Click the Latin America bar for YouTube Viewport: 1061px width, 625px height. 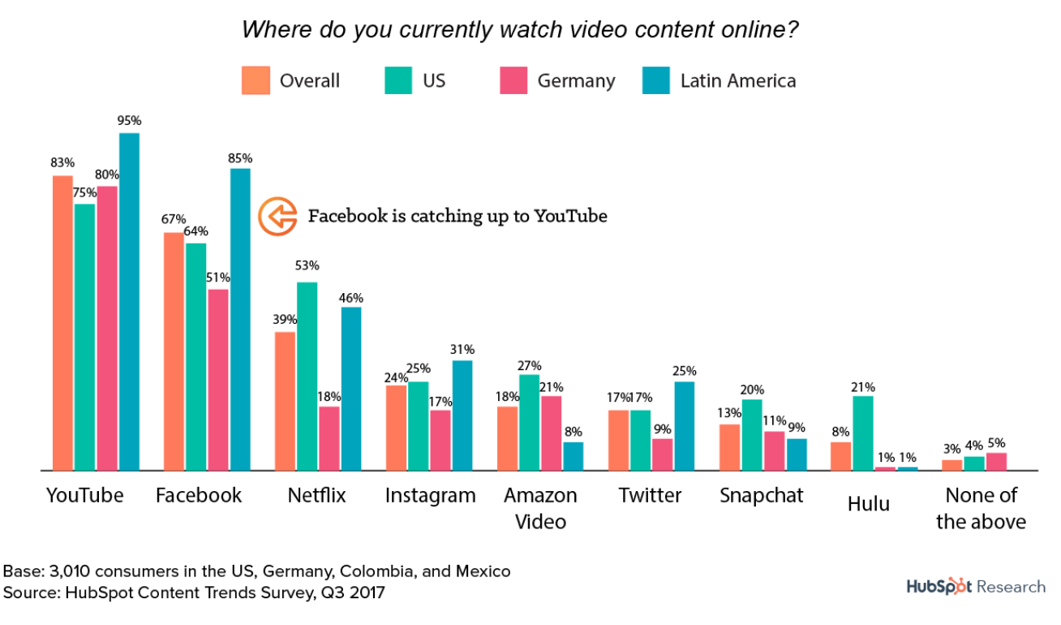tap(129, 301)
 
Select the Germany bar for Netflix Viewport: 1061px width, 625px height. tap(329, 438)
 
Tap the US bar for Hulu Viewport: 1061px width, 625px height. tap(863, 433)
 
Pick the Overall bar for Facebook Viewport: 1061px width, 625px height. tap(174, 351)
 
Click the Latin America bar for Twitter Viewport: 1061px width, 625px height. tap(685, 425)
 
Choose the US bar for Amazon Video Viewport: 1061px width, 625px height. tap(530, 422)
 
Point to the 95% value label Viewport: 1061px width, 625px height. tap(129, 120)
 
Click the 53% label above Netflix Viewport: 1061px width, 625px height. tap(307, 265)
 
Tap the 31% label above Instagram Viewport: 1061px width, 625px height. tap(462, 349)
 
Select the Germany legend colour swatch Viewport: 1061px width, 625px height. tap(514, 80)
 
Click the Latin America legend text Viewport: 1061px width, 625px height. tap(737, 80)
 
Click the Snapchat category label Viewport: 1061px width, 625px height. tap(761, 495)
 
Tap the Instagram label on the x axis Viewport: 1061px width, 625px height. tap(430, 495)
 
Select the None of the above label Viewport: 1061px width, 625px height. tap(981, 508)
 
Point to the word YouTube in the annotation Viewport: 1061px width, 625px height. tap(571, 217)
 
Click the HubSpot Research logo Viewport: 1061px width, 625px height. tap(975, 587)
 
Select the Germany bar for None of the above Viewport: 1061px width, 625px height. tap(996, 461)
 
